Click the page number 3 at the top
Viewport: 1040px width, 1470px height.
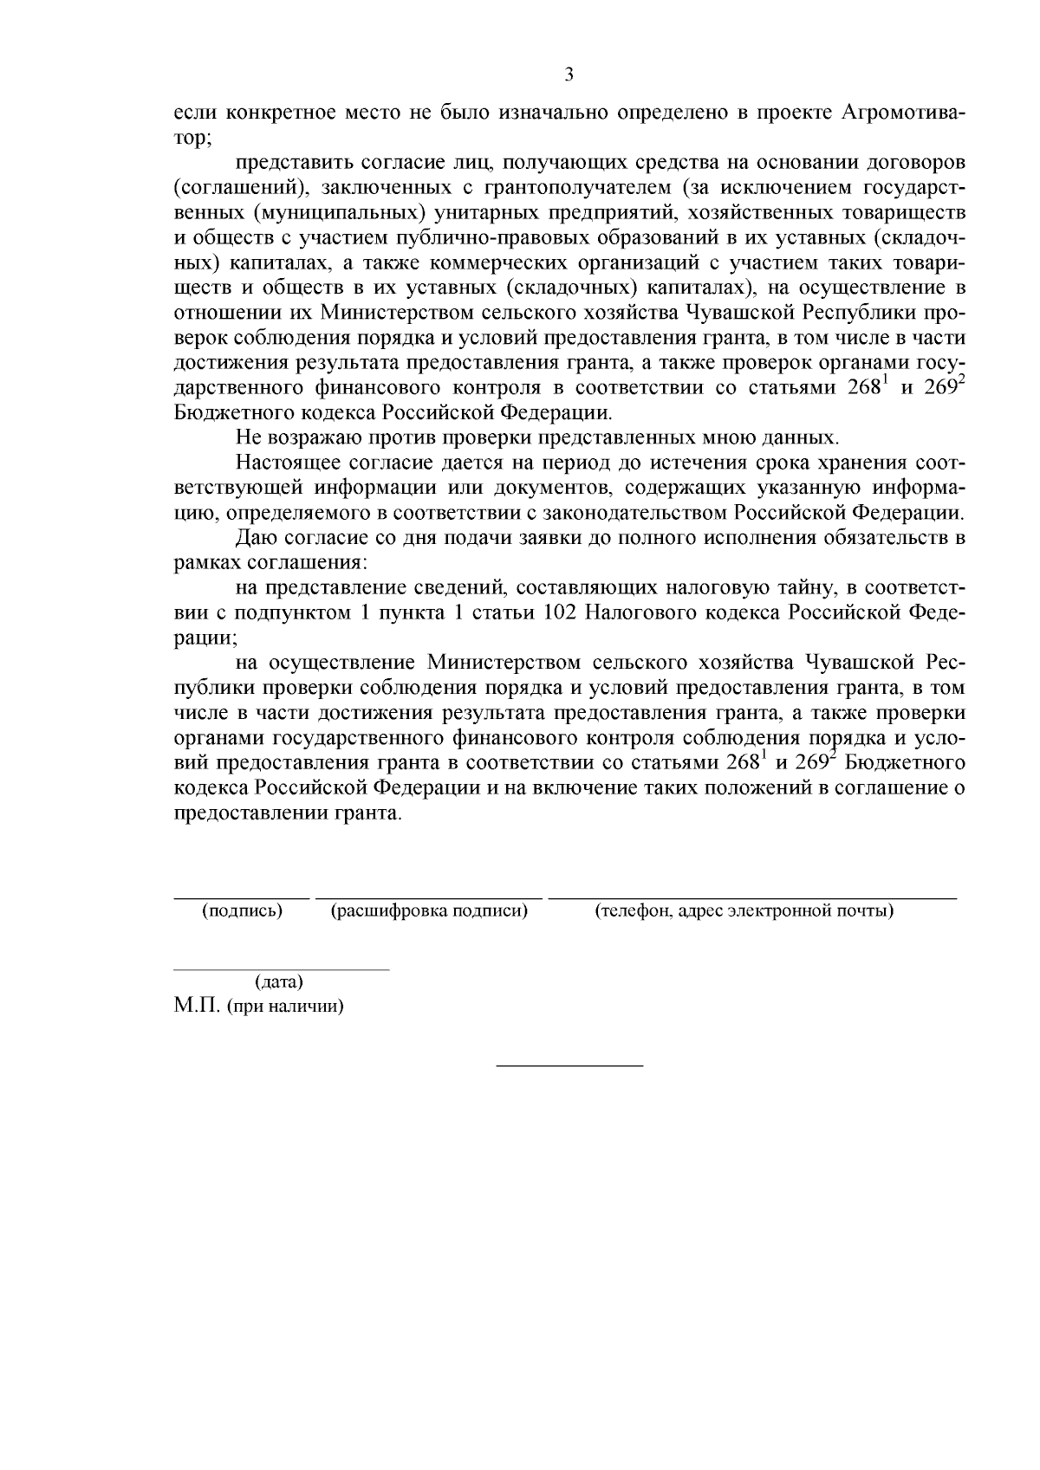[569, 74]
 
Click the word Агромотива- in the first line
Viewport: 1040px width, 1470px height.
[904, 113]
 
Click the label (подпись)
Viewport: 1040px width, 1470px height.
[242, 911]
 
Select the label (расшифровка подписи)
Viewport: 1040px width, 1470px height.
[430, 911]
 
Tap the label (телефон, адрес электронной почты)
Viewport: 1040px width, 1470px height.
[744, 911]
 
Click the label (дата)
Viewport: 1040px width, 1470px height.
[279, 982]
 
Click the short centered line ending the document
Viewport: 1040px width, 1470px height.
[569, 1064]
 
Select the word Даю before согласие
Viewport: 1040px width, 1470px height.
[256, 539]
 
